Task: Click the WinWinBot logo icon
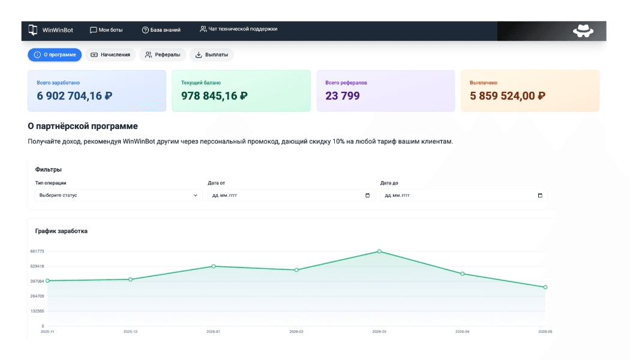tap(33, 30)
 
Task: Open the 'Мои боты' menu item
tap(106, 30)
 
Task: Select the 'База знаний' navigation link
tap(161, 30)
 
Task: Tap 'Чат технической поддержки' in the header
tap(238, 29)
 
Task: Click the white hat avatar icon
tap(583, 31)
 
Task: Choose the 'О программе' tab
tap(55, 55)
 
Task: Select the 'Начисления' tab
tap(110, 55)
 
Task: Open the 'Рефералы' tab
tap(163, 55)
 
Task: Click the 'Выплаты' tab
tap(212, 55)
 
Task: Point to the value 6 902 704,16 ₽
tap(74, 95)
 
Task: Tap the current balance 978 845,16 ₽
tap(214, 95)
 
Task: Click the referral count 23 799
tap(343, 95)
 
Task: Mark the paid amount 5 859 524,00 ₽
tap(508, 95)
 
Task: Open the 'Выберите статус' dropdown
tap(119, 195)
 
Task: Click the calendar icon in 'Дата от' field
tap(367, 195)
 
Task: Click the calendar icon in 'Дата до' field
tap(540, 195)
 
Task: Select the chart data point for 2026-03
tap(379, 251)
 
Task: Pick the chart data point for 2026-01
tap(214, 266)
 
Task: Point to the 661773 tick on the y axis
tap(37, 251)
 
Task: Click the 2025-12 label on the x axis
tap(130, 332)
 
